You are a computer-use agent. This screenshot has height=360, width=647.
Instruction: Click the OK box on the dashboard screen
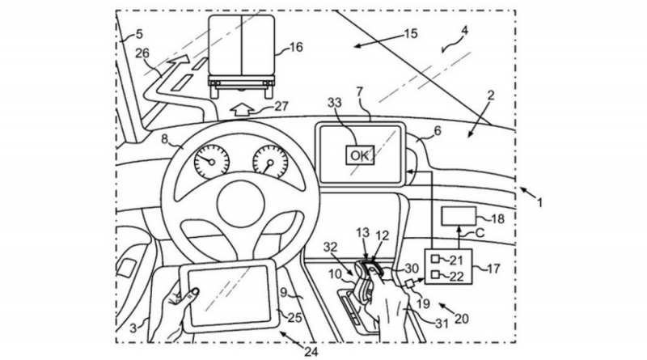click(x=360, y=155)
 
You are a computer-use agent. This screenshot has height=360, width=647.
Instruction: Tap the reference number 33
click(x=335, y=103)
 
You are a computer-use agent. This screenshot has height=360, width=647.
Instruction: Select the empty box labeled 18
click(x=459, y=216)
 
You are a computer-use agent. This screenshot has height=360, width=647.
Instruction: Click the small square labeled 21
click(x=435, y=259)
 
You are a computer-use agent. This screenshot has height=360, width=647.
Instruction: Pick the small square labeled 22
click(x=435, y=274)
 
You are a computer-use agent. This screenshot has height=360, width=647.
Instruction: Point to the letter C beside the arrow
click(x=479, y=233)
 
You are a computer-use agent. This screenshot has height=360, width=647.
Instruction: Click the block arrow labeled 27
click(x=242, y=110)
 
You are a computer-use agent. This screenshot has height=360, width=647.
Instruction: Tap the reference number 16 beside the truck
click(x=296, y=47)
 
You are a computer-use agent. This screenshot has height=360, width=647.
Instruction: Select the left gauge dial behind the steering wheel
click(x=212, y=161)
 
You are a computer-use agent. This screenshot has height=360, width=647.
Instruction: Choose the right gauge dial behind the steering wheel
click(x=270, y=161)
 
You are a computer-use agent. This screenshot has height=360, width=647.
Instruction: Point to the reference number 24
click(x=311, y=352)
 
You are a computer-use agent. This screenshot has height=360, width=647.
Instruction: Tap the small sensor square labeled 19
click(x=411, y=284)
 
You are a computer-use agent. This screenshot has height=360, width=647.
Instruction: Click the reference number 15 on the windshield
click(x=411, y=33)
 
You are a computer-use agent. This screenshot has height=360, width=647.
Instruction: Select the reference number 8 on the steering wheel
click(x=165, y=138)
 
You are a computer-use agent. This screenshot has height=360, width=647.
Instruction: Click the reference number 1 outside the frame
click(x=539, y=202)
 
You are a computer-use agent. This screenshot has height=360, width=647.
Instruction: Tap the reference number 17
click(x=493, y=269)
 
